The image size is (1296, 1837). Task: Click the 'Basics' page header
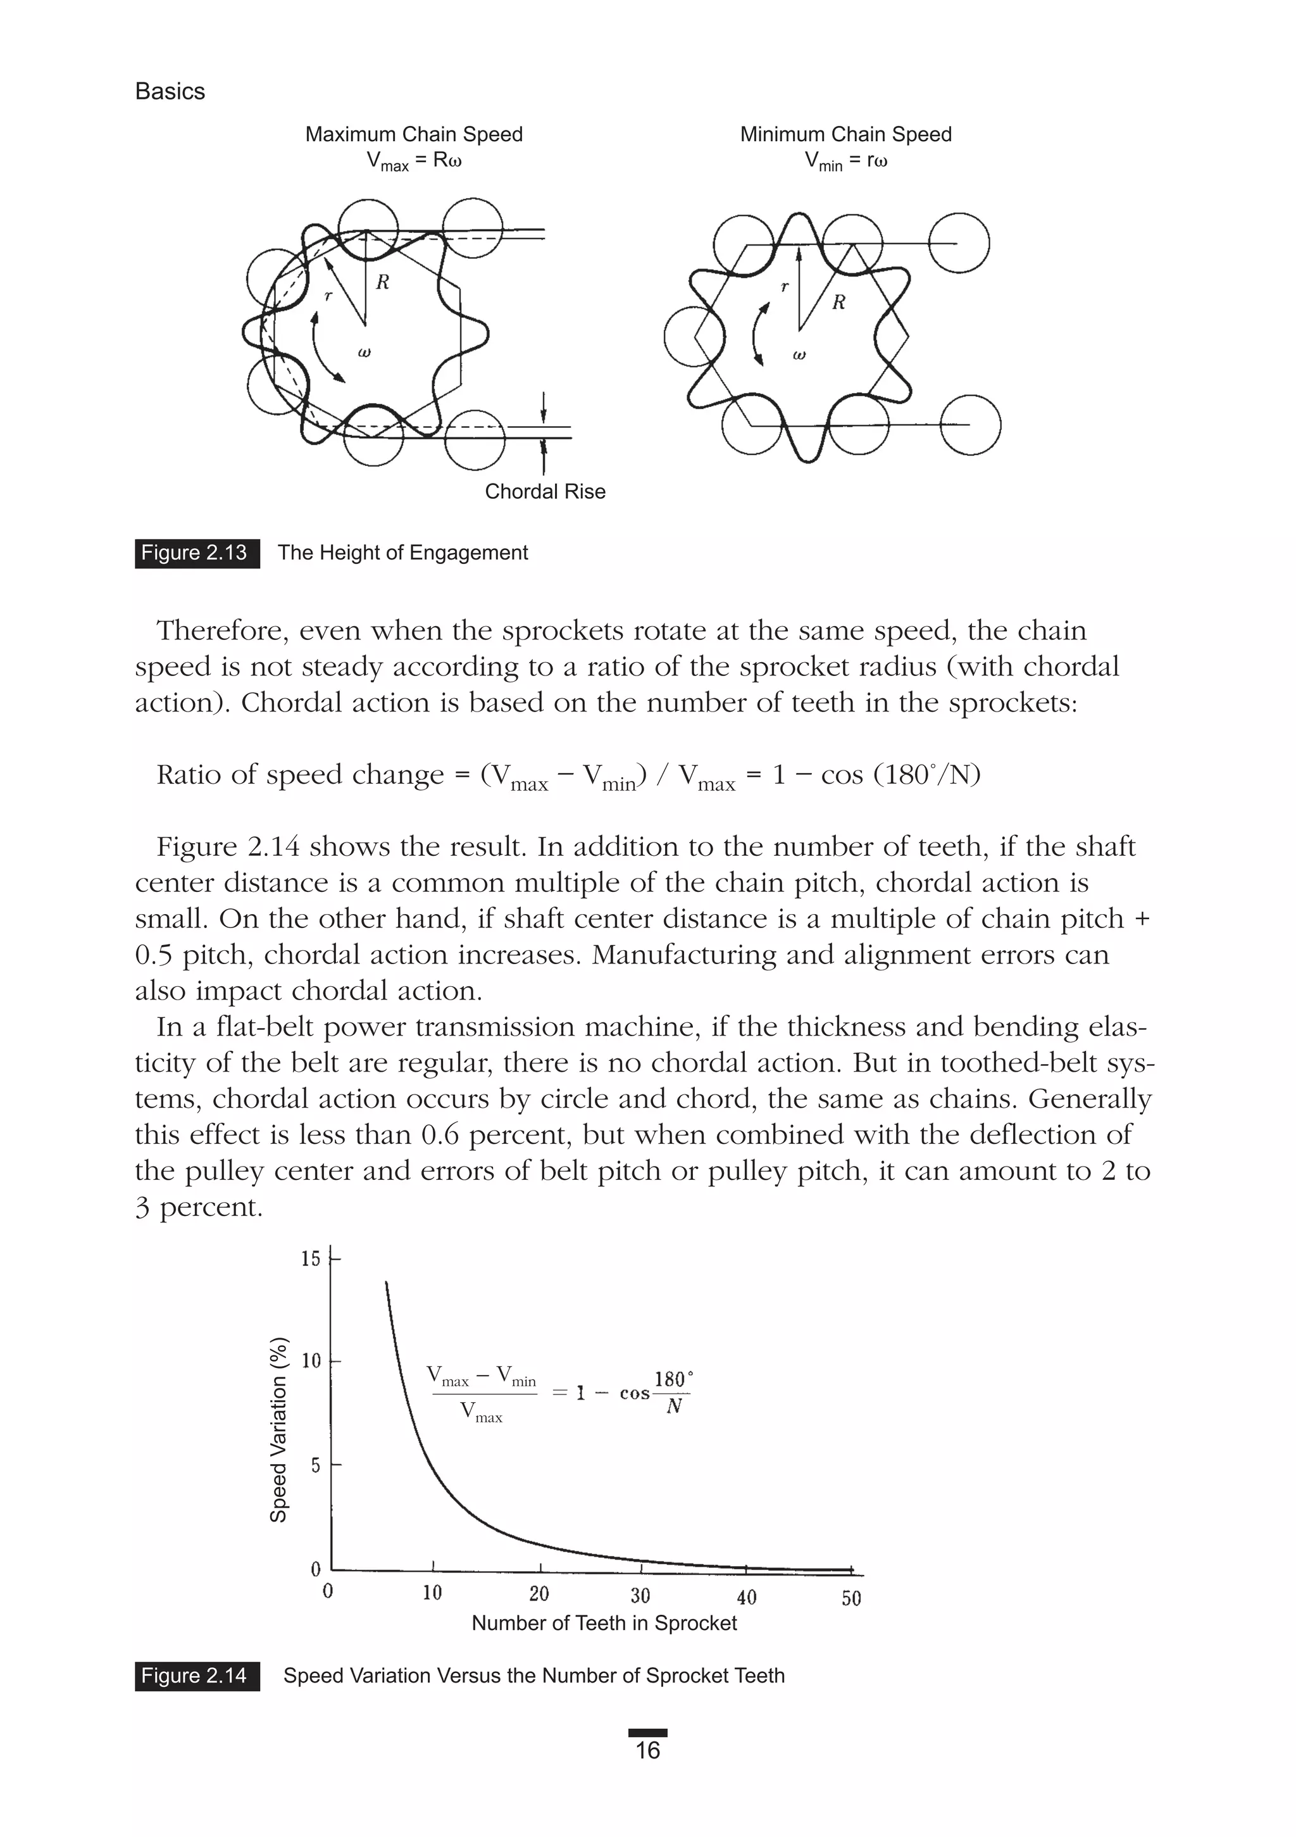(170, 91)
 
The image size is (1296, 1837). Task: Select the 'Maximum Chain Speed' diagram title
(414, 134)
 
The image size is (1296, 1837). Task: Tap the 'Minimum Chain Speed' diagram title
(845, 134)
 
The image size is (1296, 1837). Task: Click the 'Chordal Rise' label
(545, 491)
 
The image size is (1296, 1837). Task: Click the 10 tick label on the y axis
(311, 1361)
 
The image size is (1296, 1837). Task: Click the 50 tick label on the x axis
(851, 1598)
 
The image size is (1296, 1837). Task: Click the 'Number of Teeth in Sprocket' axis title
(604, 1622)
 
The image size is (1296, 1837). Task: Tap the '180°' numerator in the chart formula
(673, 1379)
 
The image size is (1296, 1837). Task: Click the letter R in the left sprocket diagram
(382, 282)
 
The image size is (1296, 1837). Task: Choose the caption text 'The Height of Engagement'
(402, 553)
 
